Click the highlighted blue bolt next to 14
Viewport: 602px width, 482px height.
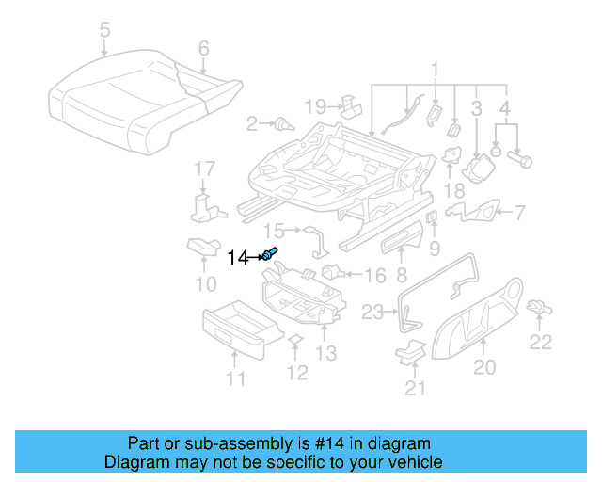271,253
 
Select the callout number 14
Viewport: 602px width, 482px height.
240,256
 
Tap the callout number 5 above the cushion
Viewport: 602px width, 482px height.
104,32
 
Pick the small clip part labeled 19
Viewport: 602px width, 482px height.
350,102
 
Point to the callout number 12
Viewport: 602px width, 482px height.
296,373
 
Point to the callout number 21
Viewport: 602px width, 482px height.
415,387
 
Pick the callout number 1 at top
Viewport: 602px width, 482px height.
435,69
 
